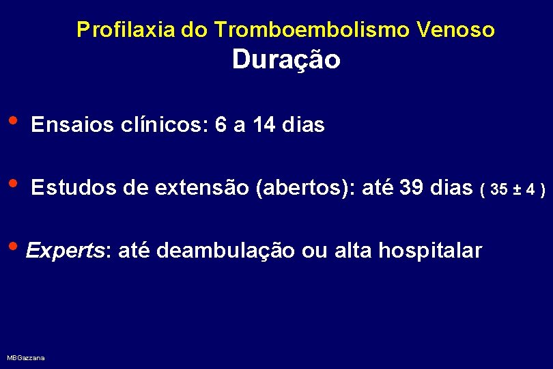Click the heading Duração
(x=285, y=60)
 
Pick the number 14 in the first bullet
(x=264, y=126)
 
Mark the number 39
(x=412, y=188)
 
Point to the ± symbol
(x=522, y=189)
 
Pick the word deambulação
(x=225, y=251)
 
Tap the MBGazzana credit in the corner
(x=26, y=358)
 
